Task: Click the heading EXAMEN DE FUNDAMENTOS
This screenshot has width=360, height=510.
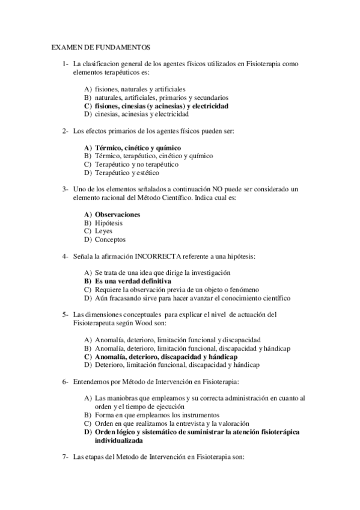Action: pos(100,46)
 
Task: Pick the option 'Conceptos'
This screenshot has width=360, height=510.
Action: pos(111,239)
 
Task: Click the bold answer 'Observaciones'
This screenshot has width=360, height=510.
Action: pos(118,214)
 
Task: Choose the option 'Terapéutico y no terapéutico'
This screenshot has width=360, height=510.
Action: pos(136,164)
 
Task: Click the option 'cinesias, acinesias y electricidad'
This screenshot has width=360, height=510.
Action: pos(142,114)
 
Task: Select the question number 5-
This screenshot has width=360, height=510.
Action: pos(66,314)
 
